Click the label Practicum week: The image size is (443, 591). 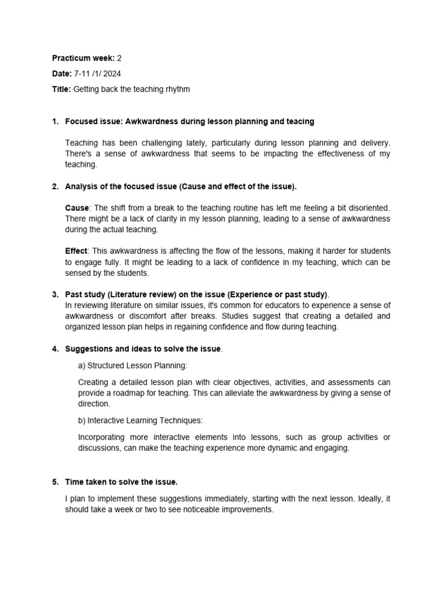(83, 58)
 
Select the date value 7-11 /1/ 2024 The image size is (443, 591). (97, 74)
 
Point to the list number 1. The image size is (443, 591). (55, 121)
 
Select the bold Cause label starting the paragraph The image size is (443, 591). (77, 207)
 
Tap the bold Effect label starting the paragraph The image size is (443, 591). (76, 251)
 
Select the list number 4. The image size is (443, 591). (55, 349)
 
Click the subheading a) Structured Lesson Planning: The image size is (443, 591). (133, 365)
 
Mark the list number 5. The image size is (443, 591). (55, 482)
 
